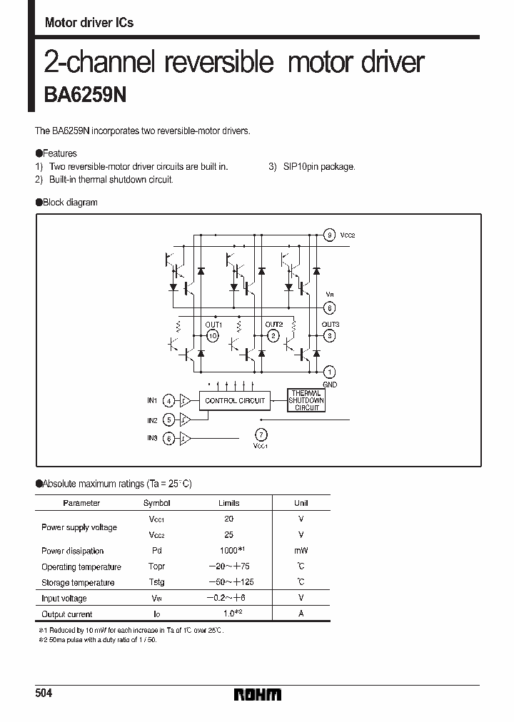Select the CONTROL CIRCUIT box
pos(235,400)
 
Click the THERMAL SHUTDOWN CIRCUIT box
pos(306,400)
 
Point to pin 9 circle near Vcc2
pos(329,235)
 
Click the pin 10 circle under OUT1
pos(212,335)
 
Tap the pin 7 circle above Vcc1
pos(261,434)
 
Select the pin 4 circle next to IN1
pos(168,400)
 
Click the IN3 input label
pos(152,437)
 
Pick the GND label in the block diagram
pos(329,385)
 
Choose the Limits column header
pos(228,503)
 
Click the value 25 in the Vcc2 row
pos(228,534)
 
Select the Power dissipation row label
pos(72,551)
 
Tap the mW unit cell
pos(301,551)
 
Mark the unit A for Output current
pos(301,614)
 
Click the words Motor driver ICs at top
pos(89,23)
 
